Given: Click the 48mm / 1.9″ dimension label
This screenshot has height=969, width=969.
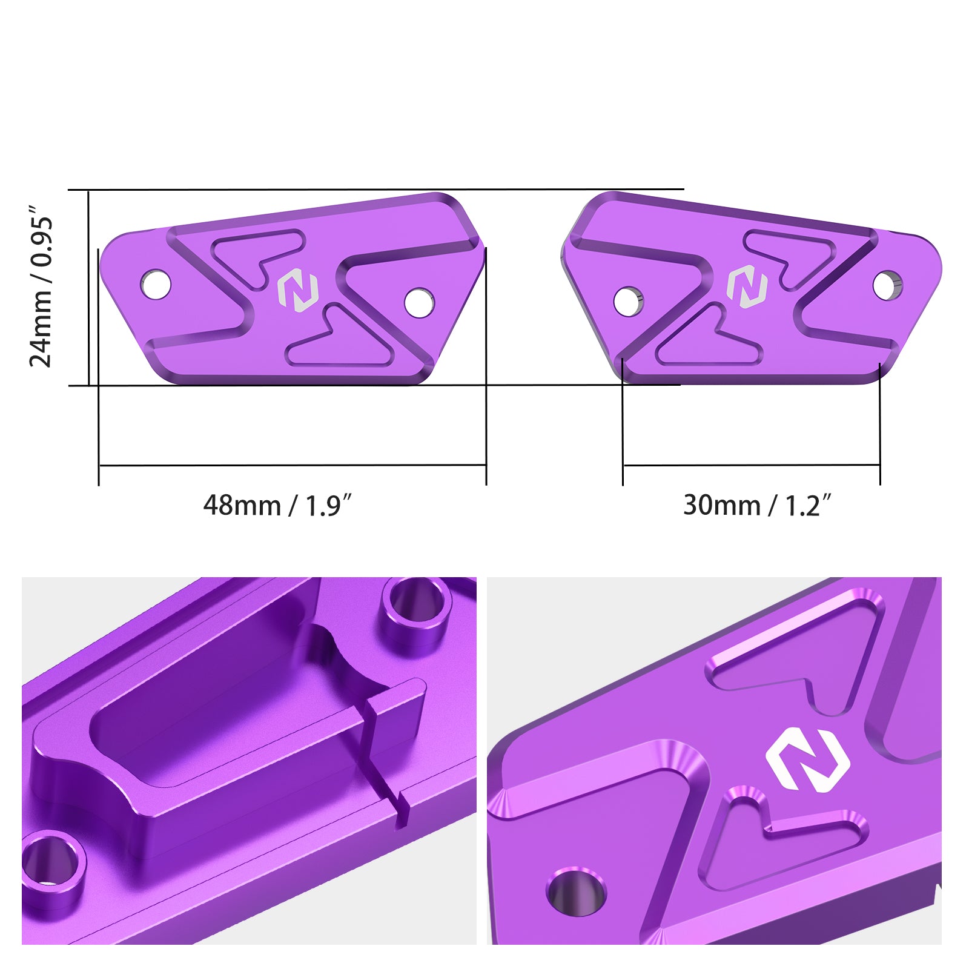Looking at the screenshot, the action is [277, 506].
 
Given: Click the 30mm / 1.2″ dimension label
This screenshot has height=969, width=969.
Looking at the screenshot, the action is [757, 506].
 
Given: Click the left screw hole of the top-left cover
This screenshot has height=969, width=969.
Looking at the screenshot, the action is [156, 284].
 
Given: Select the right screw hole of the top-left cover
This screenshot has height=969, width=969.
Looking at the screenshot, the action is [419, 302].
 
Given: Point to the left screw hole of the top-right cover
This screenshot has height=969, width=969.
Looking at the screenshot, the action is [629, 301].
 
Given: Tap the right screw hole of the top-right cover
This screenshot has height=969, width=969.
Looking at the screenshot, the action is [888, 285].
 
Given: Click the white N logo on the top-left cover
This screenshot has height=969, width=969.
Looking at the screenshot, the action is [297, 293].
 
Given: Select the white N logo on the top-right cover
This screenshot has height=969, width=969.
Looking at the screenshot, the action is [747, 286].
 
